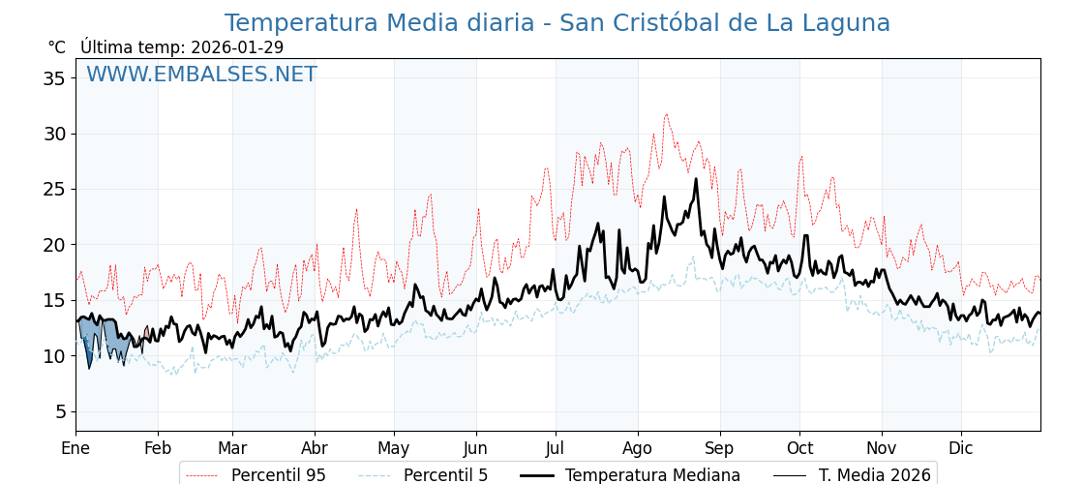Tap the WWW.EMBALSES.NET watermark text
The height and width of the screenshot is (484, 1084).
(201, 75)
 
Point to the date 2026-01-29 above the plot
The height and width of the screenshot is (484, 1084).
(237, 47)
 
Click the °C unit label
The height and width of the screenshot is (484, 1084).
(57, 47)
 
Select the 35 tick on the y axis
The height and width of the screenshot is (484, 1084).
(53, 77)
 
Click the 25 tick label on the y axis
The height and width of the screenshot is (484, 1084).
(53, 189)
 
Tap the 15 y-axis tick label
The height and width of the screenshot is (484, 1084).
(53, 300)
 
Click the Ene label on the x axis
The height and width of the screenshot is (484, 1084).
(75, 448)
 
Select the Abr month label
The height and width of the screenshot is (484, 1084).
(315, 448)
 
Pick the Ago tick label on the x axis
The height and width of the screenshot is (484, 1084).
(637, 448)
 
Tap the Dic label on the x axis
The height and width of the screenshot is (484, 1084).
(961, 448)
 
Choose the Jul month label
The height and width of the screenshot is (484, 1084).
(556, 448)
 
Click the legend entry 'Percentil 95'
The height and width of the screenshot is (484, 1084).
(278, 475)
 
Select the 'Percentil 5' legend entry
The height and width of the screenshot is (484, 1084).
(445, 475)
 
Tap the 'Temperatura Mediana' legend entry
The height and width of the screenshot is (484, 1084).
(652, 475)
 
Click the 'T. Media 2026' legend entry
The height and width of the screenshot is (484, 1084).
(874, 475)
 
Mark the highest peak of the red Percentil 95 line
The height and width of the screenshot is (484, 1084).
(666, 114)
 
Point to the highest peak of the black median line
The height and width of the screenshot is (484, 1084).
(696, 178)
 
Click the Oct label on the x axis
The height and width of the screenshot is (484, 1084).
(799, 448)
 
